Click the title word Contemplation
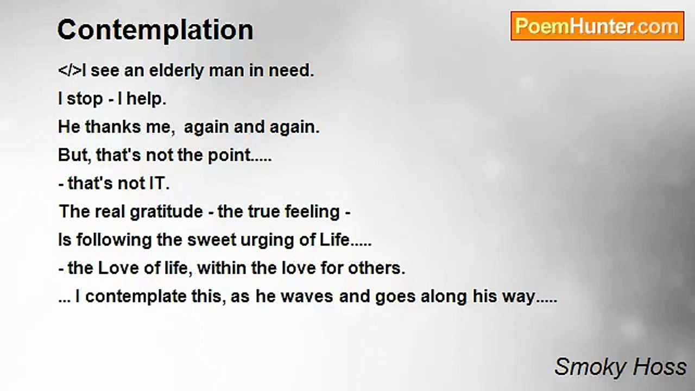155,30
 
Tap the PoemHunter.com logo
597,26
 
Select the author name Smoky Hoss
620,367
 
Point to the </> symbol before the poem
70,71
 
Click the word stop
85,99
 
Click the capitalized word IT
159,184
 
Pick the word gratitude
166,212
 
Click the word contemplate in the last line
141,297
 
